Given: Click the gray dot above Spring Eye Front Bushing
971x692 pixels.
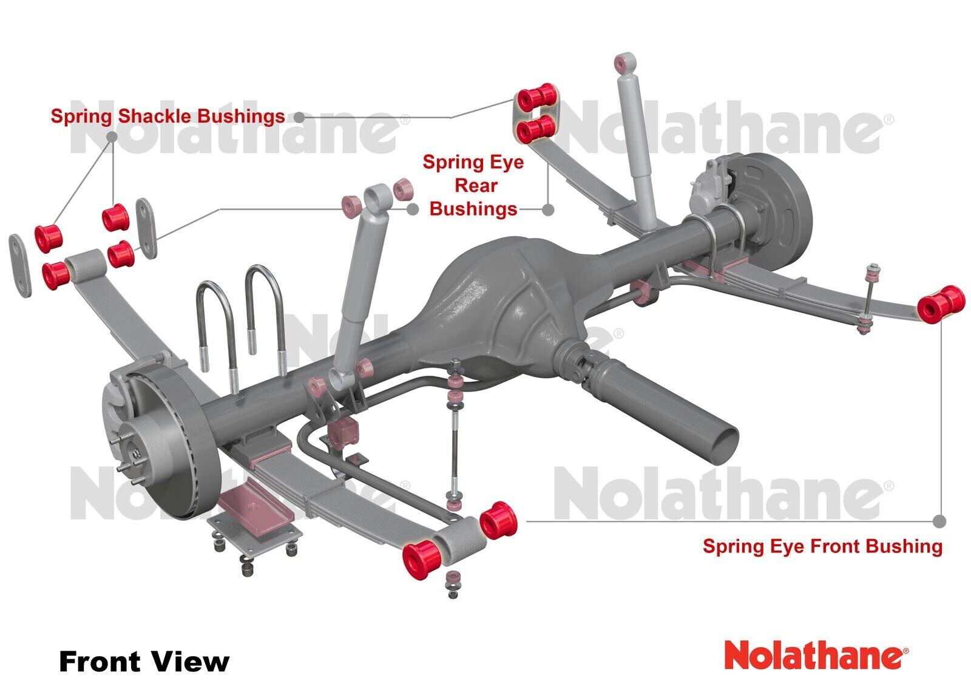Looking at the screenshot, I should click(939, 521).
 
